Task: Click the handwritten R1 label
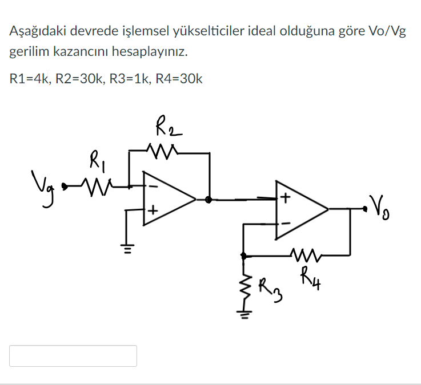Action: [95, 160]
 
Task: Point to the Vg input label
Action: [49, 185]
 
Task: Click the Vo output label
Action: [382, 204]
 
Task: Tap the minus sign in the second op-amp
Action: [284, 222]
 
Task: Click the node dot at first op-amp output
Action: [209, 200]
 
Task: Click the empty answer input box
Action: [73, 356]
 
